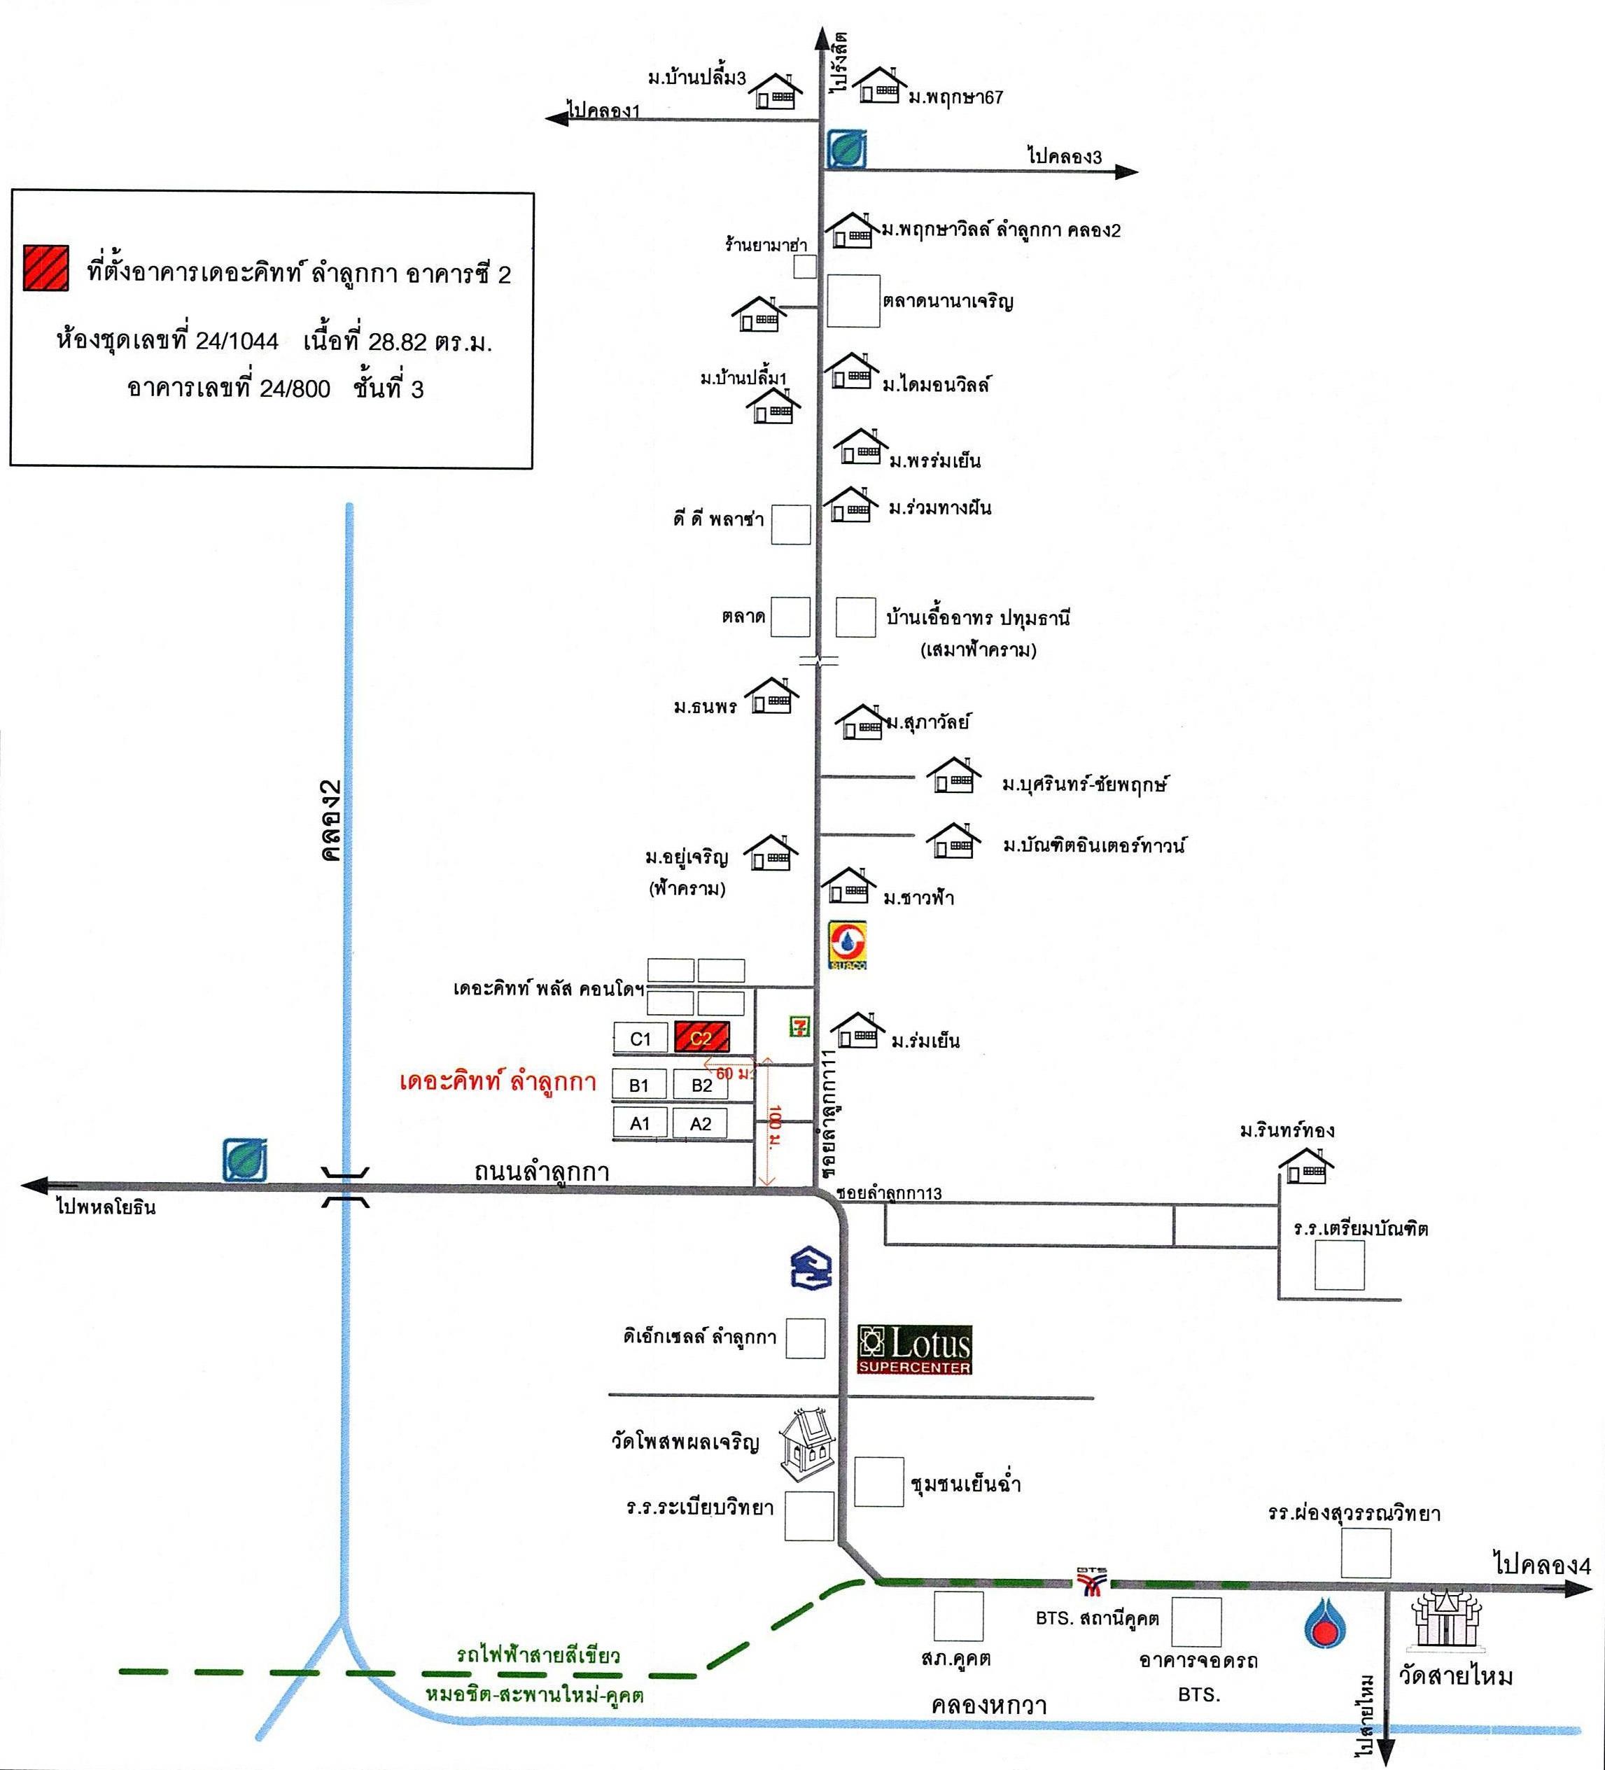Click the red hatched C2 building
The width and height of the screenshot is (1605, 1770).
(x=701, y=1038)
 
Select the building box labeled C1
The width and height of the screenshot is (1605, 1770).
(x=640, y=1039)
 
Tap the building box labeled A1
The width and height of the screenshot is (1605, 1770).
(x=639, y=1123)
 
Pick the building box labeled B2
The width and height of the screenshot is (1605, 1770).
(x=701, y=1084)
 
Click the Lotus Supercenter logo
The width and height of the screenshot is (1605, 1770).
(x=915, y=1349)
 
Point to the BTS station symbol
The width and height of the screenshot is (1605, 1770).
(x=1093, y=1580)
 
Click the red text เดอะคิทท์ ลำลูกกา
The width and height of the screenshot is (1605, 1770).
(x=498, y=1082)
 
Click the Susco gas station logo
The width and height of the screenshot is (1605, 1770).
(x=848, y=945)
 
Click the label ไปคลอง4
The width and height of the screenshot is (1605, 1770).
(x=1542, y=1564)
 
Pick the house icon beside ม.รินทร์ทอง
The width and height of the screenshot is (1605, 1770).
(x=1305, y=1165)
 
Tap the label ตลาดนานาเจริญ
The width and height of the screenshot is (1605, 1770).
(x=948, y=302)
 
